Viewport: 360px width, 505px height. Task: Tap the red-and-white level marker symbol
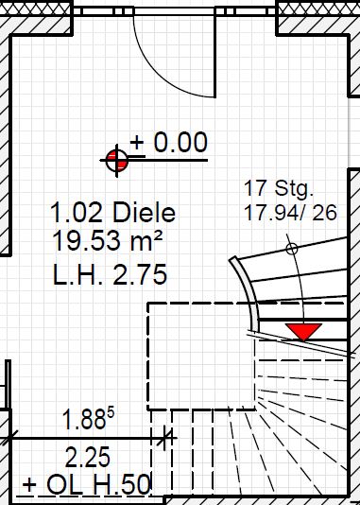[x=117, y=161]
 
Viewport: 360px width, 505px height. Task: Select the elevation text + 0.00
[x=169, y=142]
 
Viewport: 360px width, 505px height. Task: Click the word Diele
[x=145, y=212]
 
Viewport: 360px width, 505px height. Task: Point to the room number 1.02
[x=77, y=213]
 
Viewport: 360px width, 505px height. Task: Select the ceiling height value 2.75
[x=140, y=274]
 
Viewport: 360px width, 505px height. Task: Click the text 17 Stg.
[x=279, y=188]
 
